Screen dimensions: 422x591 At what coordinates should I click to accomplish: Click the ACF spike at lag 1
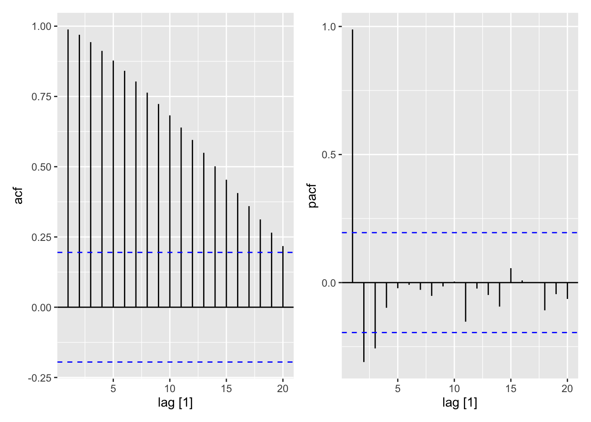coord(68,167)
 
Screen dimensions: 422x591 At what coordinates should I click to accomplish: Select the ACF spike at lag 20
coord(283,277)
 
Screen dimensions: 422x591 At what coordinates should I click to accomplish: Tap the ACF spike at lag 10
coord(170,211)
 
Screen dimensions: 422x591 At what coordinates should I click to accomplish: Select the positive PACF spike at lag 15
coord(511,275)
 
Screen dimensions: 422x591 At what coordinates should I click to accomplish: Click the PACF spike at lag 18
coord(545,296)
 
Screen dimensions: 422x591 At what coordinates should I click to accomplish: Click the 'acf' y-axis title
coord(18,196)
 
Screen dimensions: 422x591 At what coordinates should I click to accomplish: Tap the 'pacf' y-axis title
coord(312,196)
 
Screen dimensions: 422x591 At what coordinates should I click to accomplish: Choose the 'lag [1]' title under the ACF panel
coord(175,402)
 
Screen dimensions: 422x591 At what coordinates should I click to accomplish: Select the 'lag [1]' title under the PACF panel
coord(460,402)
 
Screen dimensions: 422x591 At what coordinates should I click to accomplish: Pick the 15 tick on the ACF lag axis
coord(226,389)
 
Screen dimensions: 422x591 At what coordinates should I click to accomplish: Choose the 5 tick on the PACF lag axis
coord(398,389)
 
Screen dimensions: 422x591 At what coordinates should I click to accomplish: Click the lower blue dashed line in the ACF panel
coord(176,362)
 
